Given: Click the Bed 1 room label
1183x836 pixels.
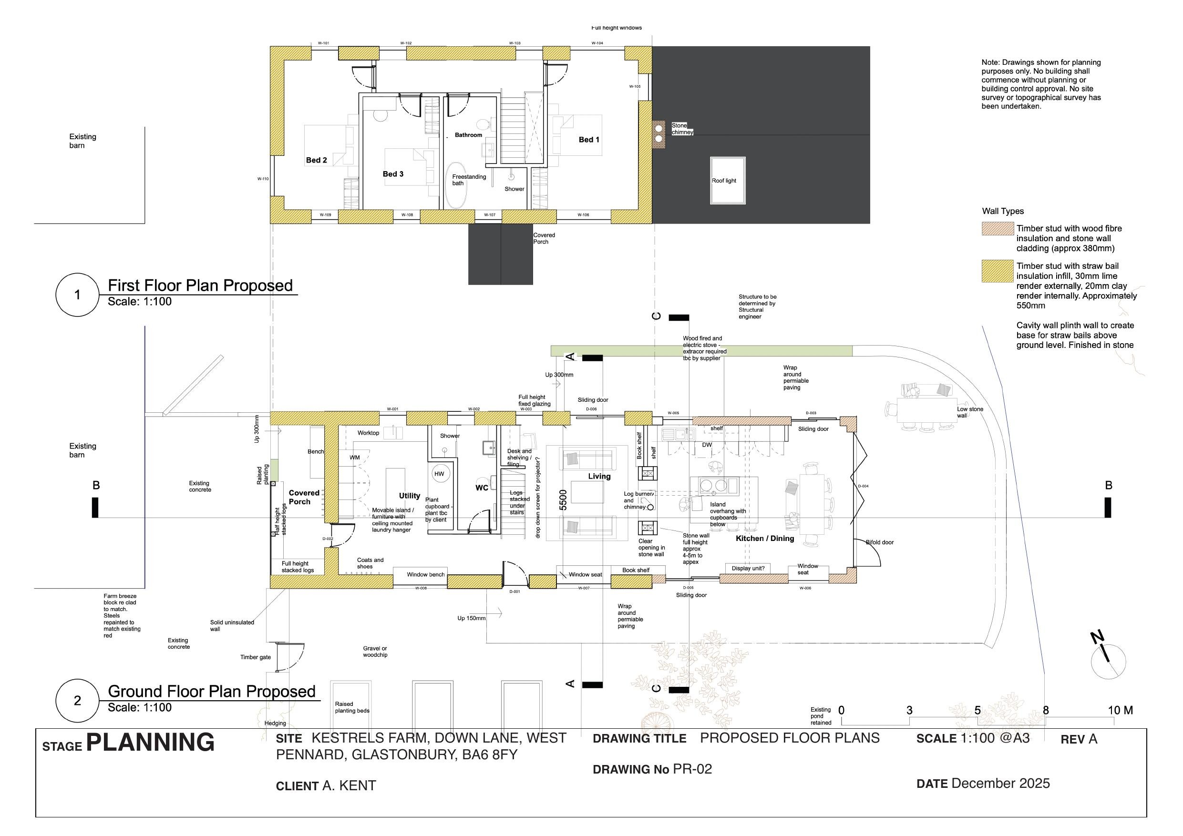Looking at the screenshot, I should tap(589, 140).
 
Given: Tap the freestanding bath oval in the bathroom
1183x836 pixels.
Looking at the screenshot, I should tap(455, 185).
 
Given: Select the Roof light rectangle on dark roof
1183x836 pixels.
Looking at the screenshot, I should tap(728, 181).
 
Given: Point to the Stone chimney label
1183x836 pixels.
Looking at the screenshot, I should tap(682, 129).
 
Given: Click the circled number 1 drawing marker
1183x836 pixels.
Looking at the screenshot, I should tap(77, 295).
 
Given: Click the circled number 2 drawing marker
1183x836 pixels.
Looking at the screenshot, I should tap(77, 701).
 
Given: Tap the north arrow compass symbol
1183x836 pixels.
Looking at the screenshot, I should tap(1108, 661).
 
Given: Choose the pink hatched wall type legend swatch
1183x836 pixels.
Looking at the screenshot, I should tap(998, 229).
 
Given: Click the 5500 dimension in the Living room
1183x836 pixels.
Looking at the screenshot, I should tap(563, 500).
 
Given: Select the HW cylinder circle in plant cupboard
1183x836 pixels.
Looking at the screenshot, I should tap(439, 474).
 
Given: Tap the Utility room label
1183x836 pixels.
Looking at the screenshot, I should tap(410, 496).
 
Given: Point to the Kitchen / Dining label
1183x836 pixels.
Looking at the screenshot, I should tap(765, 538).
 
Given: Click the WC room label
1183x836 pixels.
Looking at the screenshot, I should tap(482, 488).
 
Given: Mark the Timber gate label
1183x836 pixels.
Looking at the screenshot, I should tap(255, 657).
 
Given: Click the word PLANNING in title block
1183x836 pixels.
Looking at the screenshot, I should tap(150, 742).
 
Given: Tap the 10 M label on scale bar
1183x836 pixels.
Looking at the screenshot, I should tap(1120, 710).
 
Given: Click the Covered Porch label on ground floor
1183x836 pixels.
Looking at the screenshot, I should tap(304, 497).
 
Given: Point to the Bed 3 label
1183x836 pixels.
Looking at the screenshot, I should tap(393, 174).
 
